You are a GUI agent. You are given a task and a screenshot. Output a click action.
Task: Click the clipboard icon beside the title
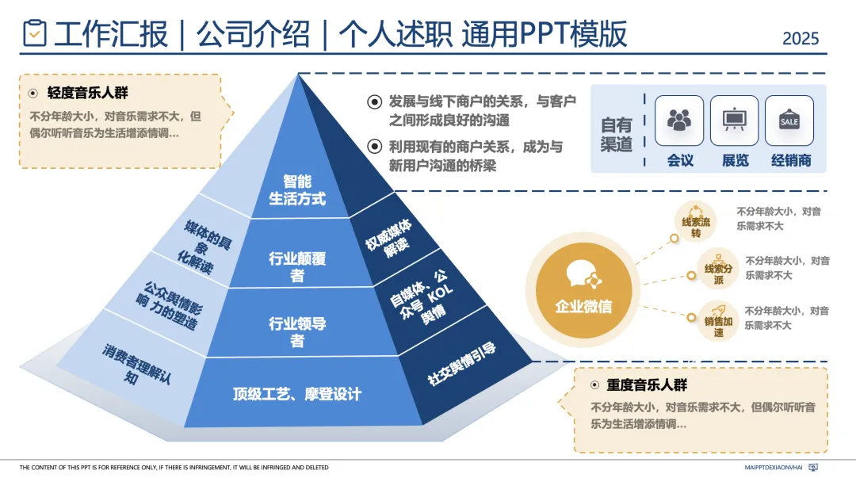point(35,34)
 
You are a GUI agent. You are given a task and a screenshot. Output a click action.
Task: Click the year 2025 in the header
point(801,38)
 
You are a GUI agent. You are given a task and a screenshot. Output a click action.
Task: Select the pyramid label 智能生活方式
point(297,190)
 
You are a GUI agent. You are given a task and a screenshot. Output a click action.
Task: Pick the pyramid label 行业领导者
point(297,332)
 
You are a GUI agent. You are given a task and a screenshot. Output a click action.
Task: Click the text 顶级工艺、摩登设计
point(297,394)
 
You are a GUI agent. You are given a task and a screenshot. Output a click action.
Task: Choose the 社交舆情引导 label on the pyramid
point(461,365)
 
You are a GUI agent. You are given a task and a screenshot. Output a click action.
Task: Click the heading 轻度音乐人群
point(87,93)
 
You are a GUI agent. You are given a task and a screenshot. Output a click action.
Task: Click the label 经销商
point(791,160)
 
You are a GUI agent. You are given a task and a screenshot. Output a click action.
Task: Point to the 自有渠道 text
point(617,135)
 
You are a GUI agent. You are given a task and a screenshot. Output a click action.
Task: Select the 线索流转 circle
point(695,224)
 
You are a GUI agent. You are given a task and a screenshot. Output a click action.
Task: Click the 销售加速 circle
point(713,323)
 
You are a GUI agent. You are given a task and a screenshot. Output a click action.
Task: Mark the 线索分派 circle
point(718,270)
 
